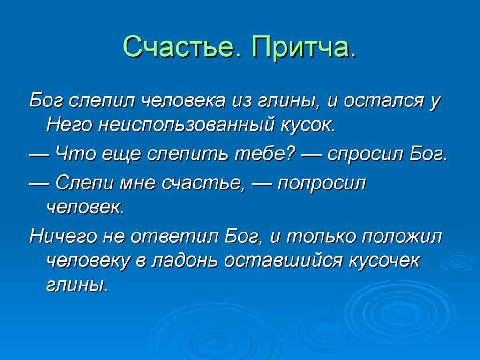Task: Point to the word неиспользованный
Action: [x=186, y=125]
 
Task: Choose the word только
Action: [x=320, y=237]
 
